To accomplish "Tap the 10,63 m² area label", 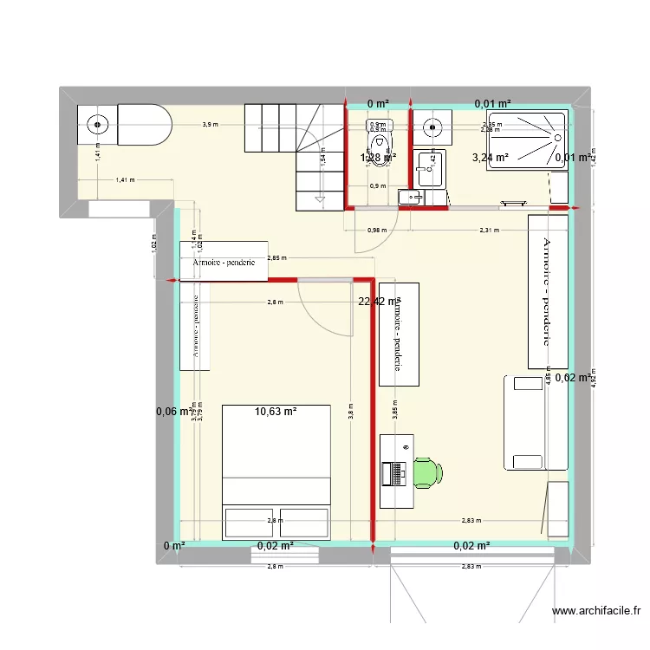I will [x=276, y=412].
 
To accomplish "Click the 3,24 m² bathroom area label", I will [x=490, y=158].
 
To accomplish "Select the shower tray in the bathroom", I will [x=528, y=140].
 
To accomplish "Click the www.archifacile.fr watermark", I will [x=599, y=610].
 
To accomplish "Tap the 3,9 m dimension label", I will [x=210, y=125].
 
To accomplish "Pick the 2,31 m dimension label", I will [x=491, y=230].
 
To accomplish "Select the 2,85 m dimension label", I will [x=277, y=257].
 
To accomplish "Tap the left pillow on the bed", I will [x=250, y=523].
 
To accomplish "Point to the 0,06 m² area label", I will [x=172, y=412].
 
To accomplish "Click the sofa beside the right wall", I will [x=524, y=422].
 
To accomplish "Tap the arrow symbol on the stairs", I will [x=321, y=200].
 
